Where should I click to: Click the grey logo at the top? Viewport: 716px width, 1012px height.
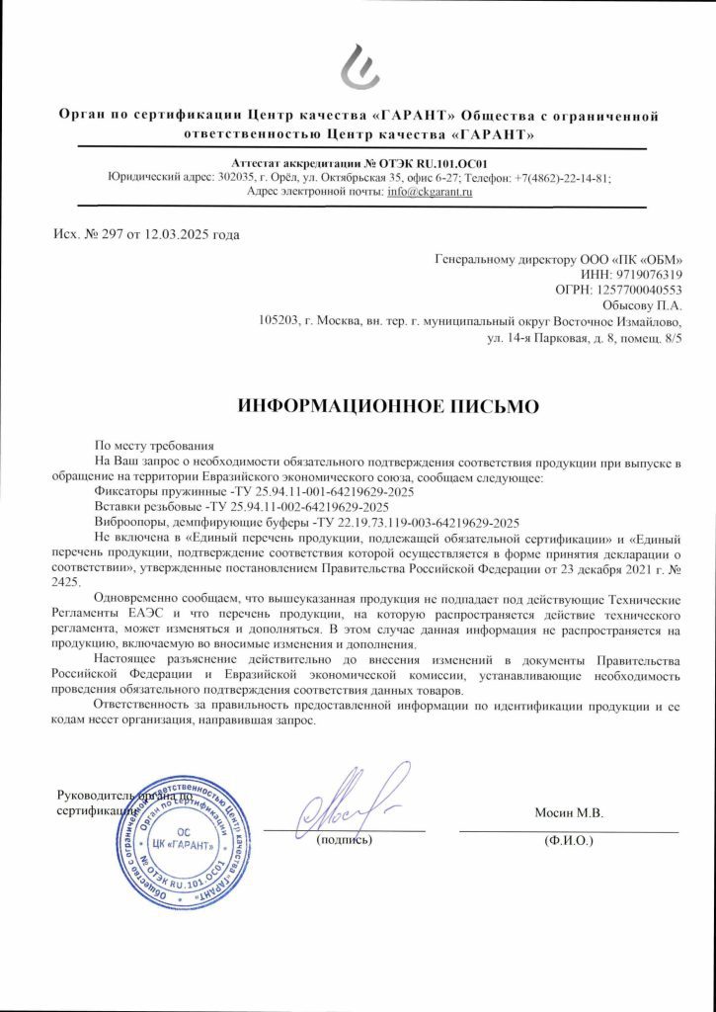[358, 67]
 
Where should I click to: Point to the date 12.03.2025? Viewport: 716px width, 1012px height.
[170, 234]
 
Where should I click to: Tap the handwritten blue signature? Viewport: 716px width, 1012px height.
[354, 802]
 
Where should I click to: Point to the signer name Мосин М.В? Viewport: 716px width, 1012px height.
[568, 812]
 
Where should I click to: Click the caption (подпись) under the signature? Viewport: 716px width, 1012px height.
[344, 841]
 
